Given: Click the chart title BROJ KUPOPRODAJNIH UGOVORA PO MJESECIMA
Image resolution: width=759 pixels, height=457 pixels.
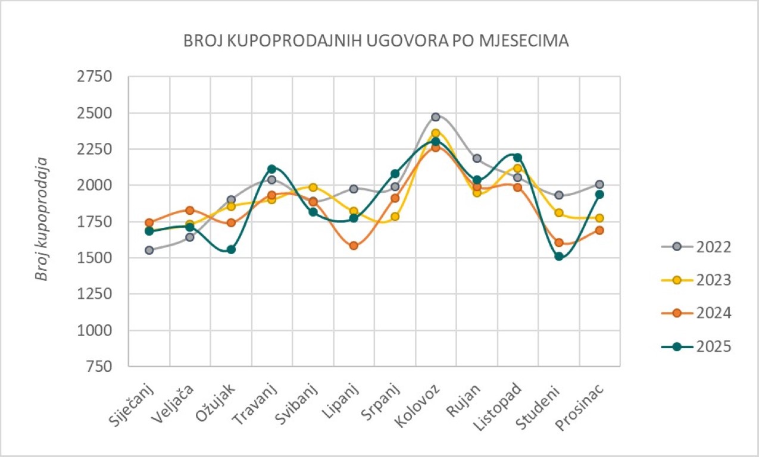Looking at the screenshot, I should click(376, 41).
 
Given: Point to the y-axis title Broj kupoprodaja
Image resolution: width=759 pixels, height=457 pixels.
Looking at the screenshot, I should click(41, 218).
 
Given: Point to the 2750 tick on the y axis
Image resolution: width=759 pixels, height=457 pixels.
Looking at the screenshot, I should click(96, 77).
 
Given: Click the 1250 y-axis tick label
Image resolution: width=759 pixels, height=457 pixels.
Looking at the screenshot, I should click(96, 294).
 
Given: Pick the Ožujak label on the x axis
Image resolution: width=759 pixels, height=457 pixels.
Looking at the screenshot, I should click(216, 404).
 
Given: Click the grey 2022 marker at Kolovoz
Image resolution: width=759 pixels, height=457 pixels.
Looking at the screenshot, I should click(436, 117).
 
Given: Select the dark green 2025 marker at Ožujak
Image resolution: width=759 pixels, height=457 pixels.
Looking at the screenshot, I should click(231, 249).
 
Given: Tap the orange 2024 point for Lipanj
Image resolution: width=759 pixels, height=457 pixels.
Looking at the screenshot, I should click(354, 245).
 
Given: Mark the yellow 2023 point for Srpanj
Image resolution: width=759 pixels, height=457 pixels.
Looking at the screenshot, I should click(395, 217).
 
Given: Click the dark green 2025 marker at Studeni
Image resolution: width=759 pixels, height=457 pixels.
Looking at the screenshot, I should click(558, 256).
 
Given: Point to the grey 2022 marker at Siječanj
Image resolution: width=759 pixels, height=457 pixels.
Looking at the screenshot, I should click(149, 250).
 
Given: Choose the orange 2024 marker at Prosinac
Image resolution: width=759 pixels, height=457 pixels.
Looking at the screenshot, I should click(599, 230).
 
